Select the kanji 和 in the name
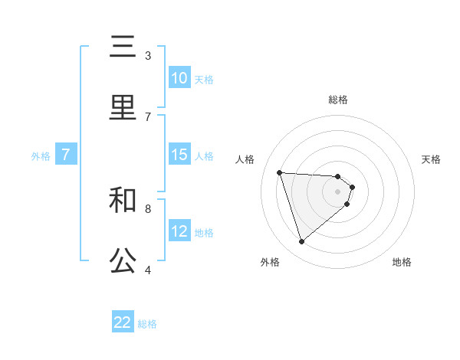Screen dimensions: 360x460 click(123, 200)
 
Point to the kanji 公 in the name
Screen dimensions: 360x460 click(123, 260)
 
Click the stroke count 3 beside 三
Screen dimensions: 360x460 click(148, 56)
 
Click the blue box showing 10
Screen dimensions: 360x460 click(179, 78)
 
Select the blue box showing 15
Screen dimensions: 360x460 click(179, 155)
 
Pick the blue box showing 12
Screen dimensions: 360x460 click(179, 231)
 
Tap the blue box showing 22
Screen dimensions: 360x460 click(123, 322)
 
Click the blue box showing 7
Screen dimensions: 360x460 click(66, 155)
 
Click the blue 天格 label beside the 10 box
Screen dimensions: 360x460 click(204, 79)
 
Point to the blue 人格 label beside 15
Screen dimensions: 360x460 click(204, 155)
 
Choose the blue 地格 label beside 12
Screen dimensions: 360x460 click(204, 232)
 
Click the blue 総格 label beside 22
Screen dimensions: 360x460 click(147, 323)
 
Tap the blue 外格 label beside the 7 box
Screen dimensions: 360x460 click(41, 155)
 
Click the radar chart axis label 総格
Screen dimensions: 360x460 click(338, 100)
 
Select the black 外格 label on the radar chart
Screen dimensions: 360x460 click(270, 262)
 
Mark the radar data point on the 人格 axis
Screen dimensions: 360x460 click(280, 172)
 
